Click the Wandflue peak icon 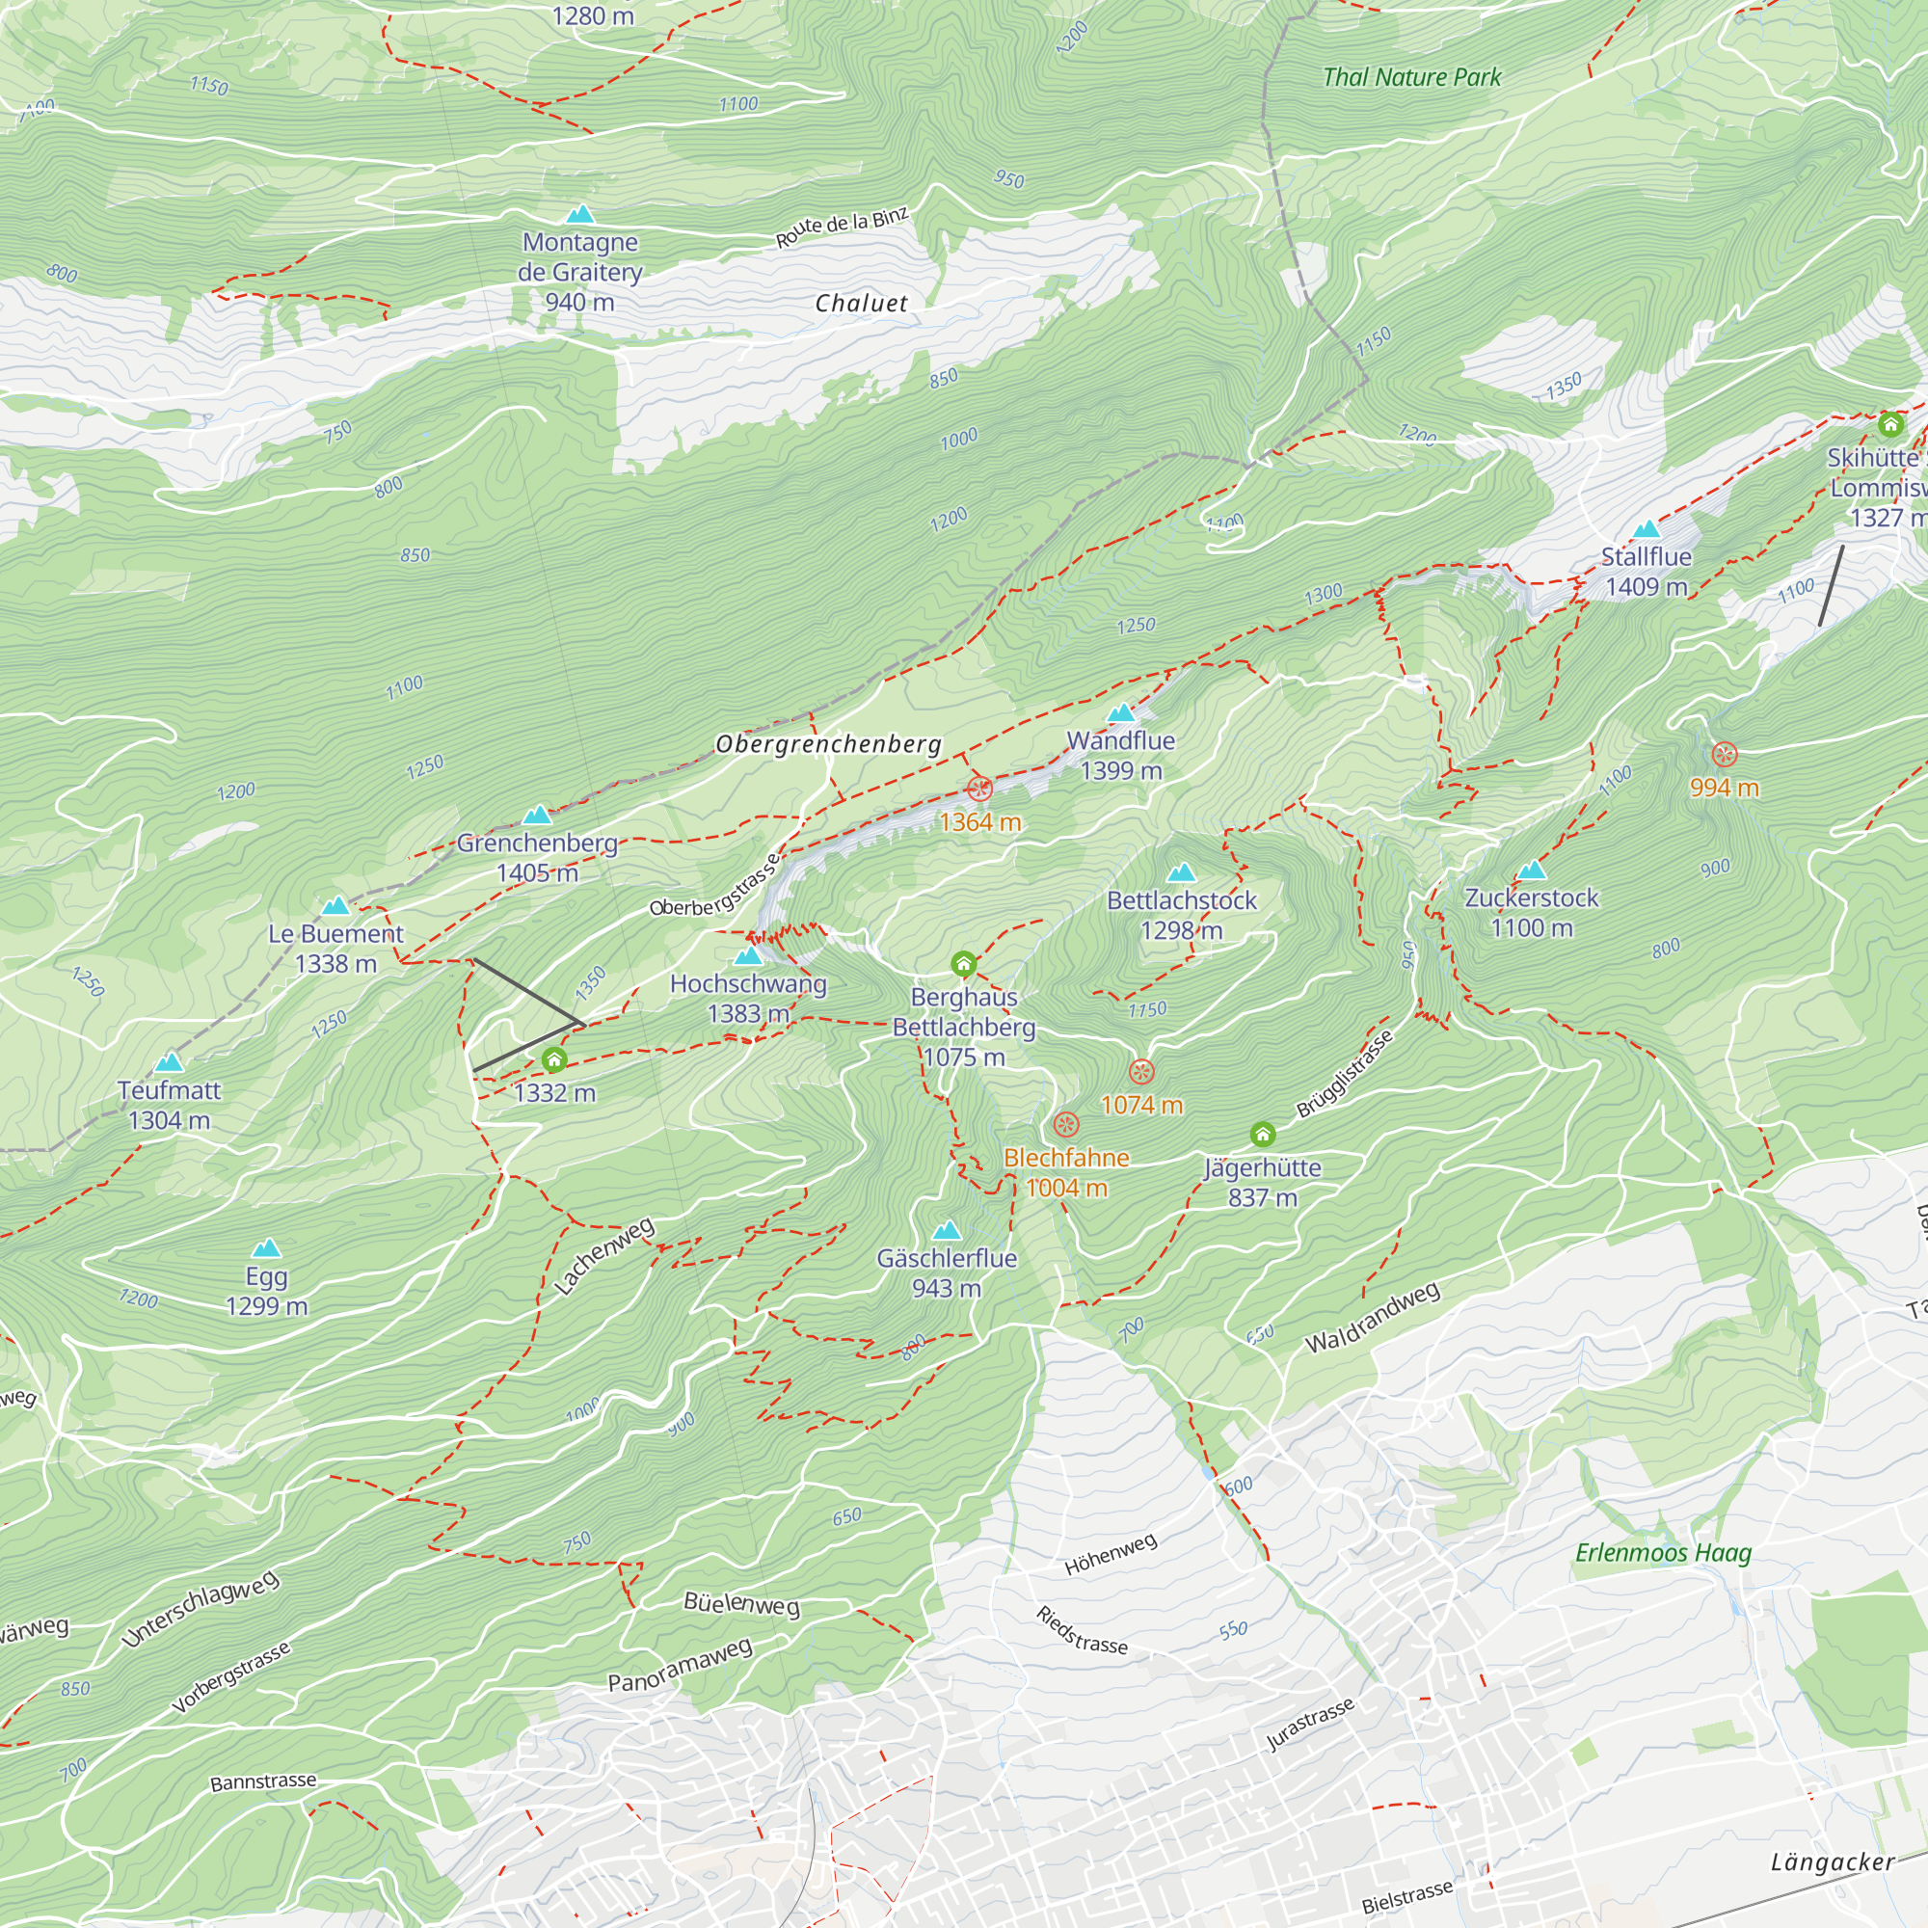point(1121,712)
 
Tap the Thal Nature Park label point(1411,77)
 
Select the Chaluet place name point(861,304)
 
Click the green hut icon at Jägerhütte point(1263,1134)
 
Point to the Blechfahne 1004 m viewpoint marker point(1066,1125)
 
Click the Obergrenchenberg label point(828,743)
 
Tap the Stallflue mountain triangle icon point(1646,529)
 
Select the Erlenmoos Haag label point(1663,1553)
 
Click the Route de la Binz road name point(843,227)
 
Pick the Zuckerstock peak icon point(1531,870)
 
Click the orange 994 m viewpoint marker point(1725,755)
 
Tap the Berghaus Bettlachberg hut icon point(963,964)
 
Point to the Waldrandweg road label point(1372,1317)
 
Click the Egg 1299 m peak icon point(266,1248)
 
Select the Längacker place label point(1833,1862)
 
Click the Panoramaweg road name point(680,1665)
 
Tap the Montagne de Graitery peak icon point(579,215)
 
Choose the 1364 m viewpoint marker point(980,790)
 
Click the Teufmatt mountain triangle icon point(170,1061)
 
